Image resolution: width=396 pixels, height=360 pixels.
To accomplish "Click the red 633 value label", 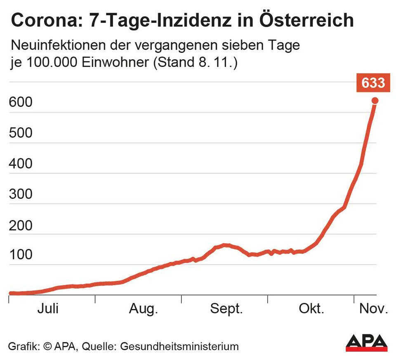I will pyautogui.click(x=372, y=83).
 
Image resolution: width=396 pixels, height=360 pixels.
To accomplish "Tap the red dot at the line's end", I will pyautogui.click(x=375, y=101).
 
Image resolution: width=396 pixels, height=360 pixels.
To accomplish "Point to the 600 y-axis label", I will pyautogui.click(x=20, y=103).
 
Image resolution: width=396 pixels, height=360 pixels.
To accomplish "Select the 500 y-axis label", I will pyautogui.click(x=20, y=133).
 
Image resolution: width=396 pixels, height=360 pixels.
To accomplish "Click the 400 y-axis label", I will pyautogui.click(x=20, y=164).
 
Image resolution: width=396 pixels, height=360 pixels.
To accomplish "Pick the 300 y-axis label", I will pyautogui.click(x=20, y=194).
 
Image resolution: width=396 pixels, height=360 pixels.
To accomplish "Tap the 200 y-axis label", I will pyautogui.click(x=20, y=225).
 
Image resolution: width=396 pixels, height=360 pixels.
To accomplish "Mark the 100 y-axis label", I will pyautogui.click(x=20, y=255).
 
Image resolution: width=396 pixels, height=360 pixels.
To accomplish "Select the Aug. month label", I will pyautogui.click(x=144, y=308).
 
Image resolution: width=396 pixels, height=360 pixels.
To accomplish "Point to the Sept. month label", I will pyautogui.click(x=226, y=308).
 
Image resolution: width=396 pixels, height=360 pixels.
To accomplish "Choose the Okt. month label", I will pyautogui.click(x=311, y=308).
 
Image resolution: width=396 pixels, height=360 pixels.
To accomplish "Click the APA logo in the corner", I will pyautogui.click(x=366, y=343).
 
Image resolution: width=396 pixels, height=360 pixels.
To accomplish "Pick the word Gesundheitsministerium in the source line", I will pyautogui.click(x=179, y=346).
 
